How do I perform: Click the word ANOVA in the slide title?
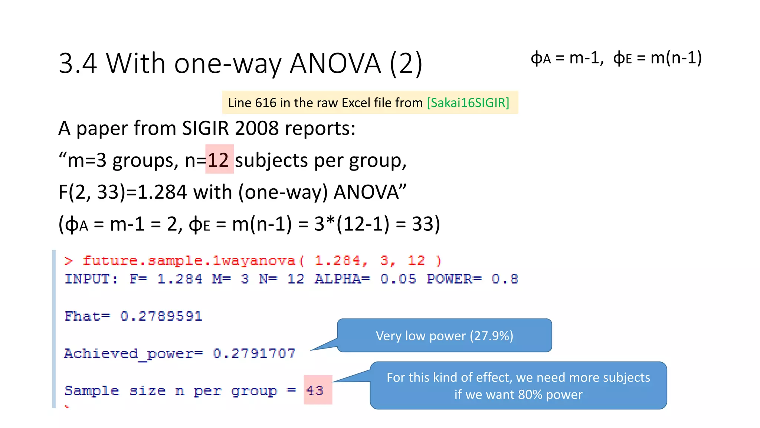pos(335,64)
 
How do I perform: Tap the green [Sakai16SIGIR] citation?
pos(468,103)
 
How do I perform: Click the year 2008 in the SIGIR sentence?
pos(256,129)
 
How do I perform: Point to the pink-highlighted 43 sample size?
pos(315,390)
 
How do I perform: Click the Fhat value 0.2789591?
pos(161,316)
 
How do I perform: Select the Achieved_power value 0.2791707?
pos(254,353)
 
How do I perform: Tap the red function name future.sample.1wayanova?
pos(189,260)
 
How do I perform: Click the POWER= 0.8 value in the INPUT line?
pos(504,279)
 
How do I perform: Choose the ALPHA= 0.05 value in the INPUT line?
pos(398,279)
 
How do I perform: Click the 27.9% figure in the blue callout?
pos(491,336)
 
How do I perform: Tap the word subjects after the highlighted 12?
pos(271,160)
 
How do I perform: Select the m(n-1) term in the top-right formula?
pos(676,58)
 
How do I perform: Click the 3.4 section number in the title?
pos(78,64)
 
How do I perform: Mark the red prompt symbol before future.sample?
pos(68,260)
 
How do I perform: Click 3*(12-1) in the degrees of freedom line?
pos(352,224)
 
